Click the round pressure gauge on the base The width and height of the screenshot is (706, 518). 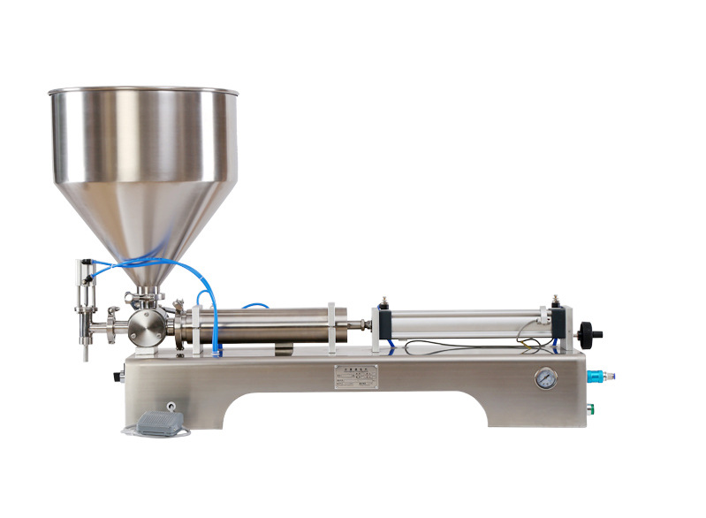[545, 379]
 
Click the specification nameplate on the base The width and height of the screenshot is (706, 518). [355, 376]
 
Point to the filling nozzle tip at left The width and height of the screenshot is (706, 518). [86, 354]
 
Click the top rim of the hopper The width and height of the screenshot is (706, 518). [143, 89]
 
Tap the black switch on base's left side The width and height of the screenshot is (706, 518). [117, 377]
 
